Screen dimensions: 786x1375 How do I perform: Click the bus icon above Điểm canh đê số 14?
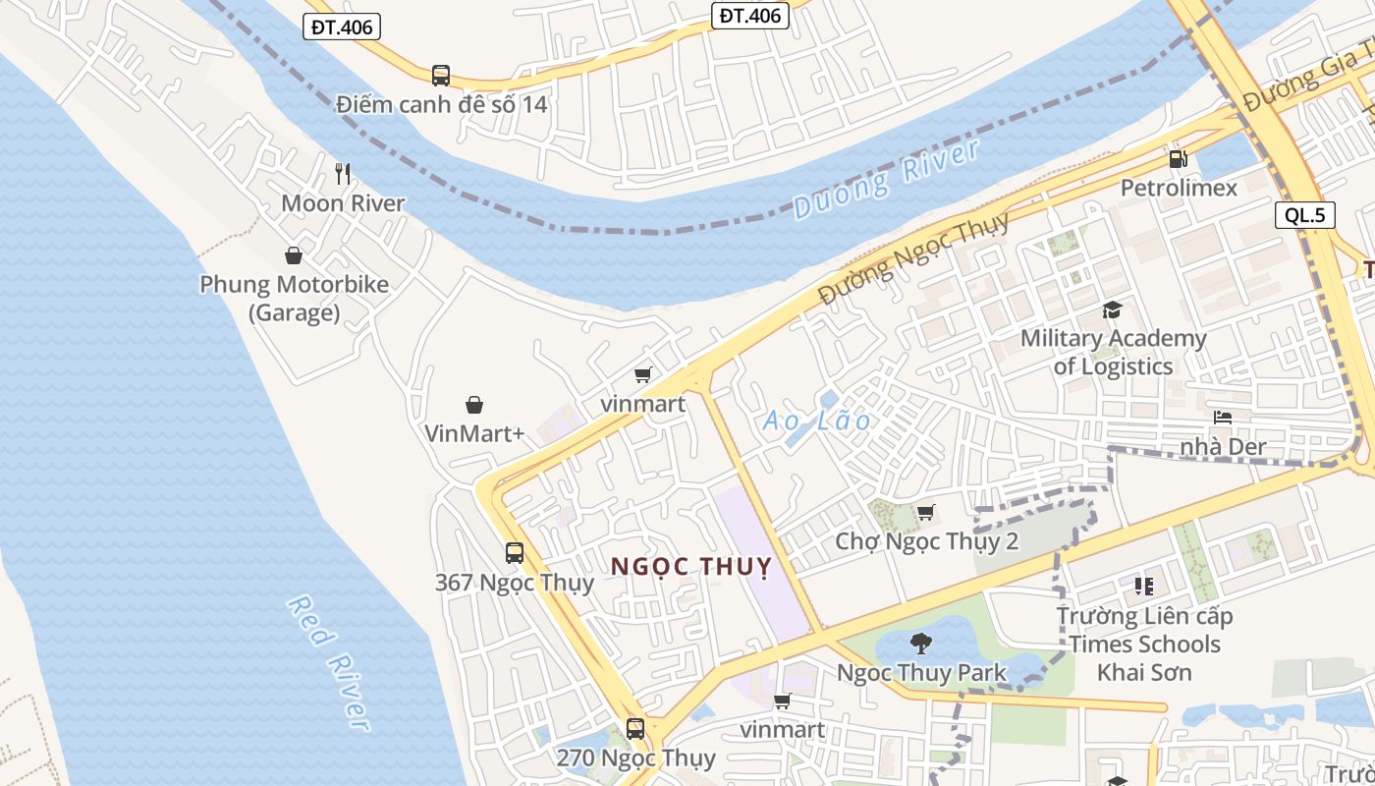(441, 75)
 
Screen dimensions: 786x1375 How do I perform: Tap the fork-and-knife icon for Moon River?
(343, 174)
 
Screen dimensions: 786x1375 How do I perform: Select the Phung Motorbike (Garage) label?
(294, 298)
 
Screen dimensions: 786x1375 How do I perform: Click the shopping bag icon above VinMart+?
(474, 405)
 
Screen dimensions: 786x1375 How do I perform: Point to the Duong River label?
(886, 180)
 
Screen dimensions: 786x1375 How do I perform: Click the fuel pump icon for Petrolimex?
(1178, 158)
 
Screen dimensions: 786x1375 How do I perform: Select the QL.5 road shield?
(1305, 215)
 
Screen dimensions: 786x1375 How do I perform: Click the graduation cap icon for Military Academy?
(1112, 310)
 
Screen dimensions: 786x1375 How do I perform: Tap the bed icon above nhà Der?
(1223, 418)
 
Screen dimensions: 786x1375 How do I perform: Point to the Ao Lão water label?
(817, 421)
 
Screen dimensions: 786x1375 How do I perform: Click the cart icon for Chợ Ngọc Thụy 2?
(925, 512)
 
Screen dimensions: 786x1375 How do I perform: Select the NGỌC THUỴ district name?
(690, 567)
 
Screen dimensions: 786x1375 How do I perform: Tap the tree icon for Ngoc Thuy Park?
(920, 644)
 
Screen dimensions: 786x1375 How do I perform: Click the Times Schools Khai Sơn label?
(1144, 645)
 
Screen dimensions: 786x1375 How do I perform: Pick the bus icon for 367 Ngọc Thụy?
(515, 552)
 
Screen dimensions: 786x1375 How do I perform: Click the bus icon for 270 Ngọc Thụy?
(635, 728)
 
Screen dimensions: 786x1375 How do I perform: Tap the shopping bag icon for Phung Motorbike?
(293, 256)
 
